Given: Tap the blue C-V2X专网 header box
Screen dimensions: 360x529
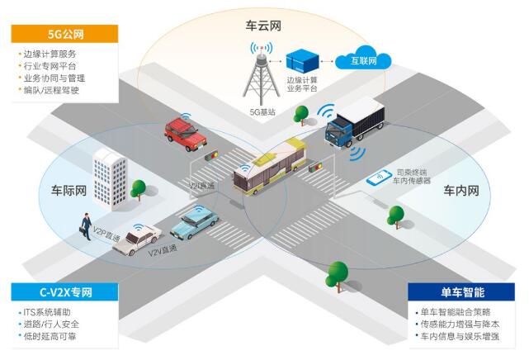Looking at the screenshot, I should [x=64, y=292].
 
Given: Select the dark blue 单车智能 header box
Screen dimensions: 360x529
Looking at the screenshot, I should [x=461, y=292].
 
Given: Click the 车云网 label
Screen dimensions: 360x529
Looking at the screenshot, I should [x=264, y=26].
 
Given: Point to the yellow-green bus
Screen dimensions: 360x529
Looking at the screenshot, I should [x=270, y=164].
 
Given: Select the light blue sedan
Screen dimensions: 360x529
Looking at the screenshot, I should [x=195, y=221].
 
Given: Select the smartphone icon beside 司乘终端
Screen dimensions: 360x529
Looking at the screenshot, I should [x=381, y=176].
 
